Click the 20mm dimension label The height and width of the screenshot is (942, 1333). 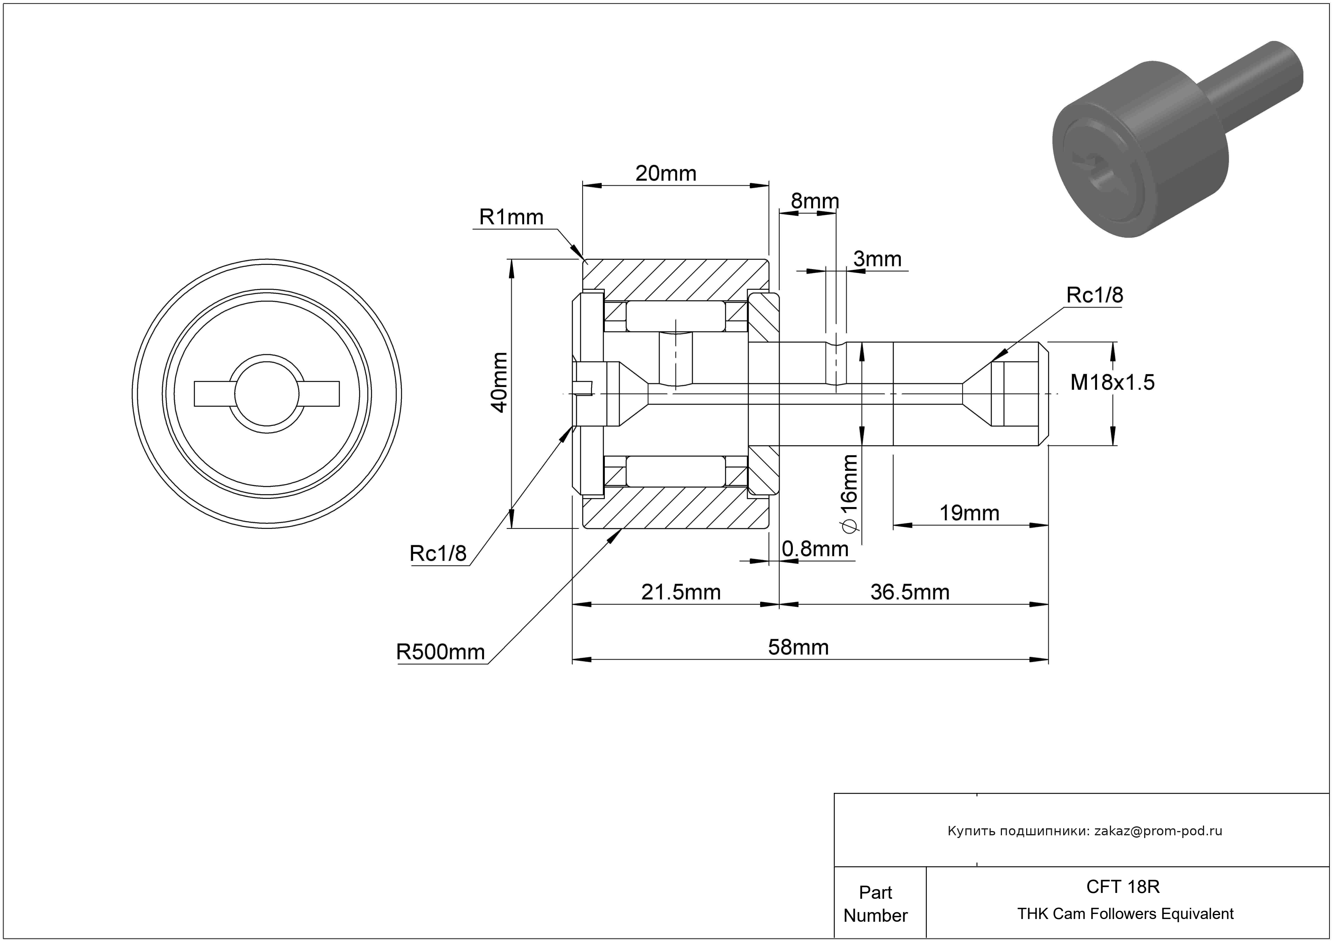666,174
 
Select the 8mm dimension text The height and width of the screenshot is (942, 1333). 815,201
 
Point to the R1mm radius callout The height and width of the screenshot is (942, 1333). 511,217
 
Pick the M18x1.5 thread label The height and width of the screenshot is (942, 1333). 1112,382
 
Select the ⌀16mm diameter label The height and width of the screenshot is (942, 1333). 849,493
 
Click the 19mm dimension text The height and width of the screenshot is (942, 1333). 969,513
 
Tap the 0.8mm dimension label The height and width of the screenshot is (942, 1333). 815,548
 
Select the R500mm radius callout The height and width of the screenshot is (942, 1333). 440,652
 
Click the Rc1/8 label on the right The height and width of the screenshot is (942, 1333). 1094,296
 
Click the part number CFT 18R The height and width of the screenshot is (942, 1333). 1122,887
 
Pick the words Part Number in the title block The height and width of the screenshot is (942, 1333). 875,904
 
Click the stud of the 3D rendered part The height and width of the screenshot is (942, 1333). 1254,81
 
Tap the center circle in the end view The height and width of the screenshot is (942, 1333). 266,394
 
